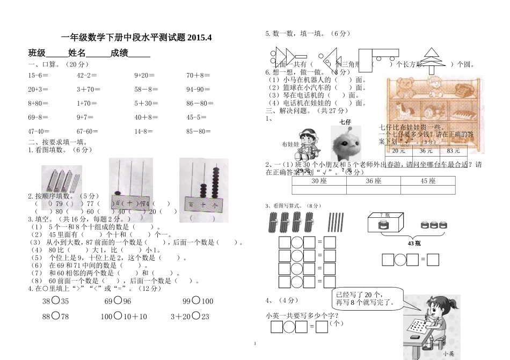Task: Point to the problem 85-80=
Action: click(199, 131)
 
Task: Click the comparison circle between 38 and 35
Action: click(55, 301)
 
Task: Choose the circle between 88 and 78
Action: click(55, 316)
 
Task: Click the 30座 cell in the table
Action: click(319, 181)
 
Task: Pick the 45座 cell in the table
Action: click(428, 181)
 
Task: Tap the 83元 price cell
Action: click(454, 151)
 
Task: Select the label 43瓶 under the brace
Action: click(414, 244)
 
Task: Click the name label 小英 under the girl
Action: click(449, 354)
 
